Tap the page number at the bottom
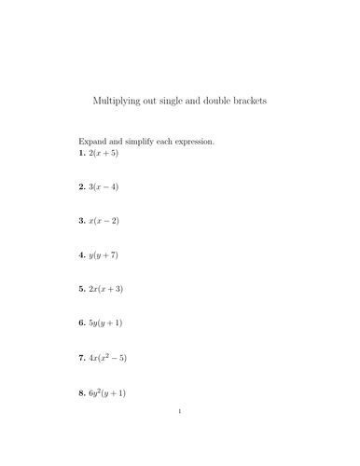click(x=180, y=435)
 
